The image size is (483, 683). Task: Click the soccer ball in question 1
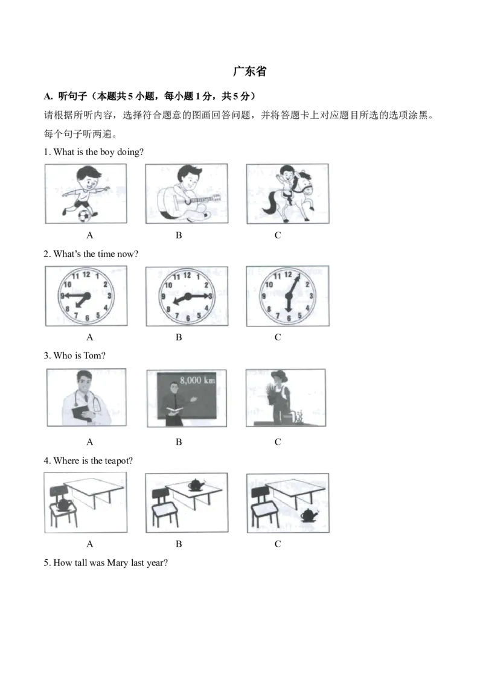[86, 215]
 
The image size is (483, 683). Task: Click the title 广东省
[250, 71]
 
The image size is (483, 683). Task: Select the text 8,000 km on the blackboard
[197, 380]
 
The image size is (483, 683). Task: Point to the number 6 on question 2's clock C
[289, 319]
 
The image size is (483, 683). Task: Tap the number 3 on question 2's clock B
[210, 296]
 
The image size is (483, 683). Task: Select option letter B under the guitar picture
[179, 235]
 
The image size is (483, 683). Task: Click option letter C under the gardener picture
[278, 442]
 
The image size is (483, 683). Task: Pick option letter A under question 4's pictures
[90, 544]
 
